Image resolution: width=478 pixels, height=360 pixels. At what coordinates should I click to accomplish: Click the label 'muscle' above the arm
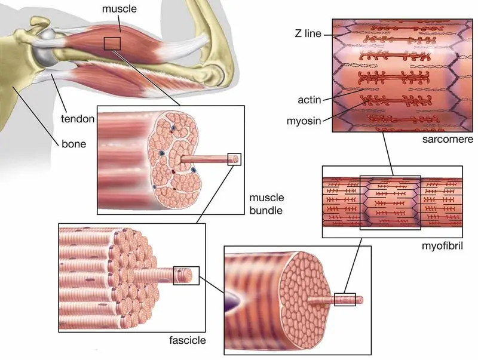click(119, 9)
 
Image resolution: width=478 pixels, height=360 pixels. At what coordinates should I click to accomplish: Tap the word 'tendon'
click(78, 119)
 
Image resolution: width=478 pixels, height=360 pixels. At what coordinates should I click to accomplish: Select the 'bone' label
click(73, 144)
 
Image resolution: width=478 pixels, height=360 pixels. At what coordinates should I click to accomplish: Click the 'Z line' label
click(308, 33)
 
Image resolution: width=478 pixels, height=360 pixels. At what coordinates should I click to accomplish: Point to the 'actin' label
click(310, 100)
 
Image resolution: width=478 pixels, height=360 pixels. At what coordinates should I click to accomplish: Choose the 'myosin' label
click(304, 121)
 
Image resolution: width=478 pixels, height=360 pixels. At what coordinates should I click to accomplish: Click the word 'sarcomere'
click(448, 139)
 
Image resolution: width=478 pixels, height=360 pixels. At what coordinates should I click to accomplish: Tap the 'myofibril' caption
click(442, 245)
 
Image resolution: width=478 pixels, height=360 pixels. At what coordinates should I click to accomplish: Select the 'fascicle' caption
click(188, 340)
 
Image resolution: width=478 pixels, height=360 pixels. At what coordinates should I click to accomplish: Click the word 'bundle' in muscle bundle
click(266, 211)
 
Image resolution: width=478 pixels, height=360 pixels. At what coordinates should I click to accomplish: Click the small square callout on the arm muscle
click(112, 44)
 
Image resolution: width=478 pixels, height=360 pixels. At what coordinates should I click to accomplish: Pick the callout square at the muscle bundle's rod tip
click(234, 159)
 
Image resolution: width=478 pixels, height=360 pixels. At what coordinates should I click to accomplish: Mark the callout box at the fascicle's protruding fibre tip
click(186, 276)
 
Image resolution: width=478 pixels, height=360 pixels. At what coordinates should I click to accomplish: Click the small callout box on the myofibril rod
click(345, 299)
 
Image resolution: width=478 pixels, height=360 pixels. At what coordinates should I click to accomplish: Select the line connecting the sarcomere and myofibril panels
click(388, 154)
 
